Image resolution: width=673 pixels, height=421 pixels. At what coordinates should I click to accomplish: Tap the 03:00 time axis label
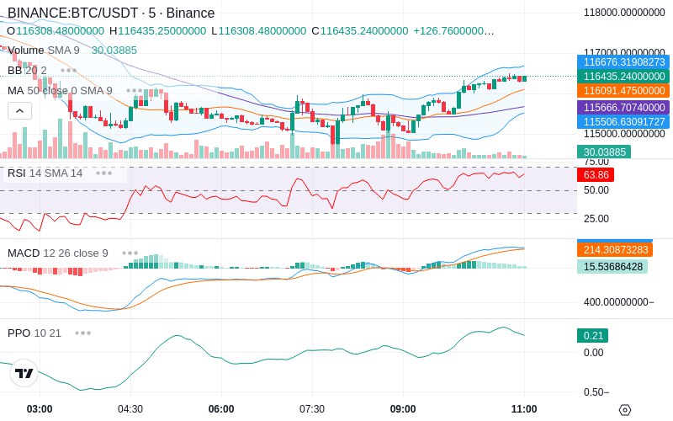click(40, 408)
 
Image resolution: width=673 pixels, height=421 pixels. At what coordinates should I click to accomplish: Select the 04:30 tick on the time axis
click(130, 408)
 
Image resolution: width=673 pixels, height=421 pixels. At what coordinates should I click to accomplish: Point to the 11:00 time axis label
click(524, 408)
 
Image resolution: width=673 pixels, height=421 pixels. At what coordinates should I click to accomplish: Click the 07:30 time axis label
click(312, 408)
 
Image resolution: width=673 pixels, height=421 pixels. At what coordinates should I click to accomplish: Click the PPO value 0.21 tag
click(592, 336)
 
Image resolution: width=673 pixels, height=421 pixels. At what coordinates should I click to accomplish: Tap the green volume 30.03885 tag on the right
click(602, 152)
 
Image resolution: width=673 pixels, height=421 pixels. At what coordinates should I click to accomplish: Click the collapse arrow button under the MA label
click(20, 110)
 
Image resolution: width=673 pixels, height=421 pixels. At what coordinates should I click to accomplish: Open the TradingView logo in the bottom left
click(24, 373)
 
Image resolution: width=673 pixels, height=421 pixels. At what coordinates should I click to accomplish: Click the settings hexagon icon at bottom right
click(624, 410)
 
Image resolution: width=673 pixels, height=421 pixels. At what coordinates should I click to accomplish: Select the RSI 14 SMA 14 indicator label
click(45, 173)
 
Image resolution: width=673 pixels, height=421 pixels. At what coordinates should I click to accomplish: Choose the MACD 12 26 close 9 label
click(58, 253)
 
